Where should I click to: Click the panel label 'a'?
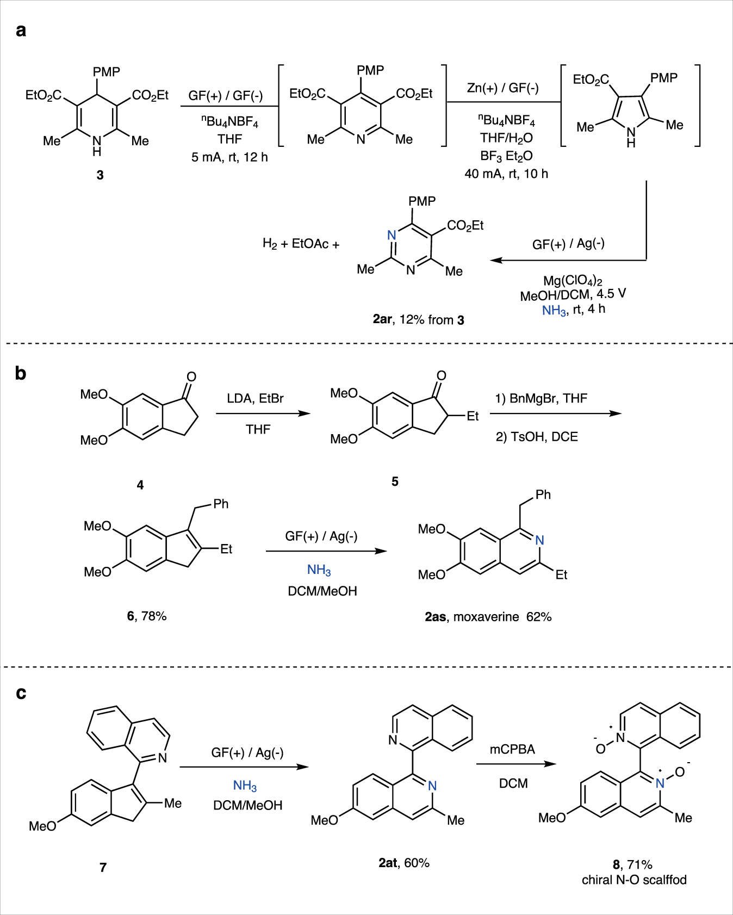(21, 30)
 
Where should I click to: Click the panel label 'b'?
(21, 373)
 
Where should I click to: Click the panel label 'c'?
(21, 693)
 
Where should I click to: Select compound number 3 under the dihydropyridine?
(100, 175)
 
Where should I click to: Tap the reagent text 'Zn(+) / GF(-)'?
(502, 88)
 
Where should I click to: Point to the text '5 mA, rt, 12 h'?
(229, 157)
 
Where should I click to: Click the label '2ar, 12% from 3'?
(418, 320)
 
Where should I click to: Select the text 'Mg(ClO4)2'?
(573, 281)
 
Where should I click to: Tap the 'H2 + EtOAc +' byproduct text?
(301, 244)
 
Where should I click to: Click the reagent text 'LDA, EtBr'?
(255, 399)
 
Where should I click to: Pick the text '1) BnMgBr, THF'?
(541, 399)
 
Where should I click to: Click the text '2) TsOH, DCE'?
(537, 437)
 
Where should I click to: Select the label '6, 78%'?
(147, 616)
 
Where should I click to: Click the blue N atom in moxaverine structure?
(539, 540)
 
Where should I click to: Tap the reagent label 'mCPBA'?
(512, 750)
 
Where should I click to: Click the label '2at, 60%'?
(404, 863)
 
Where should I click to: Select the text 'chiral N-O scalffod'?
(634, 880)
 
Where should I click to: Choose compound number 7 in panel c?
(103, 867)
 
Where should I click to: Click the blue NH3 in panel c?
(245, 786)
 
